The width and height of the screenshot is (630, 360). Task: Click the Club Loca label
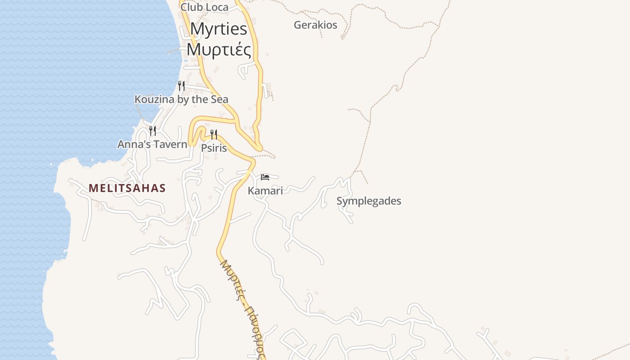pos(204,7)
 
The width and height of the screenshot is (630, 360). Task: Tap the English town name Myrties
pos(219,29)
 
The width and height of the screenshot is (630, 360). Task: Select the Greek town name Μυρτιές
pos(219,49)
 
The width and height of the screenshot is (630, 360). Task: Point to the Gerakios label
pos(315,25)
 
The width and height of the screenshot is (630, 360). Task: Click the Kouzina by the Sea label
pos(181,99)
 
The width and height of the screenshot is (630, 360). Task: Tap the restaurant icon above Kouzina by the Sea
pos(181,85)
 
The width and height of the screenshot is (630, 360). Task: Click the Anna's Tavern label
pos(152,144)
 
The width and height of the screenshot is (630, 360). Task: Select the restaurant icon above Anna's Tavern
pos(153,130)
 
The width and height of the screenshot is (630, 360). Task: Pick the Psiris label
pos(214,148)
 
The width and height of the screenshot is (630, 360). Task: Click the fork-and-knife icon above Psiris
pos(214,134)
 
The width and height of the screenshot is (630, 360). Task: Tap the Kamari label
pos(265,190)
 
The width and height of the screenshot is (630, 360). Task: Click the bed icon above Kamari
pos(265,177)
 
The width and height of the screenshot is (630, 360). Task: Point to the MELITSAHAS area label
pos(127,188)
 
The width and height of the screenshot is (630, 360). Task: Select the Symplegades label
pos(369,201)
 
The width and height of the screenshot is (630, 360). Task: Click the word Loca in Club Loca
pos(216,7)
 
